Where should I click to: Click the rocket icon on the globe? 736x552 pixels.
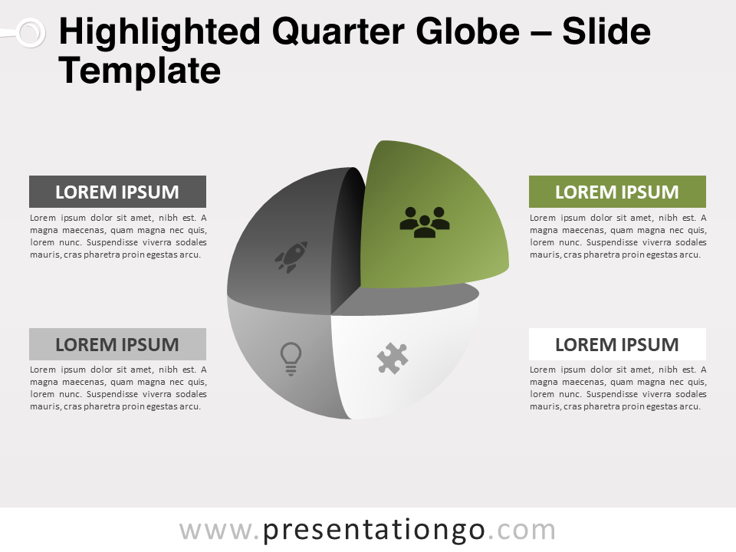(x=291, y=257)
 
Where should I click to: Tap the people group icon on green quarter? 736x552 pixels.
(x=424, y=222)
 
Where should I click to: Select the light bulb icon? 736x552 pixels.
(x=291, y=359)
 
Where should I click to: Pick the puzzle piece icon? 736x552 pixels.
(x=393, y=358)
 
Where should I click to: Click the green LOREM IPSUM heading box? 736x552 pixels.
(x=617, y=192)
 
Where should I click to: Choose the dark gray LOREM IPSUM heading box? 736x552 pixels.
(x=117, y=192)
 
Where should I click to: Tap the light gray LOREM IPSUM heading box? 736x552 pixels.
(x=117, y=344)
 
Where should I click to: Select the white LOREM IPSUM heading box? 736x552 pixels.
(x=617, y=344)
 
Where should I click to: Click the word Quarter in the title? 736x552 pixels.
(x=337, y=32)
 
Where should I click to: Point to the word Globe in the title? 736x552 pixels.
(x=468, y=31)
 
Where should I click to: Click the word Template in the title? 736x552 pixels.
(x=140, y=71)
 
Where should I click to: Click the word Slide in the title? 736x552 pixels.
(x=606, y=31)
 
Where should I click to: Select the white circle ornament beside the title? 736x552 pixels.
(x=31, y=33)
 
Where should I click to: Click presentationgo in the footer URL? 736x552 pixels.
(x=374, y=531)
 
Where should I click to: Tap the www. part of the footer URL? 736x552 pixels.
(x=219, y=531)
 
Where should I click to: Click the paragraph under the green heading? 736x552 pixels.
(x=618, y=236)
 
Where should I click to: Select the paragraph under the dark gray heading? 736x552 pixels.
(x=118, y=236)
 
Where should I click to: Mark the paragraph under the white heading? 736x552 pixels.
(x=618, y=388)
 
